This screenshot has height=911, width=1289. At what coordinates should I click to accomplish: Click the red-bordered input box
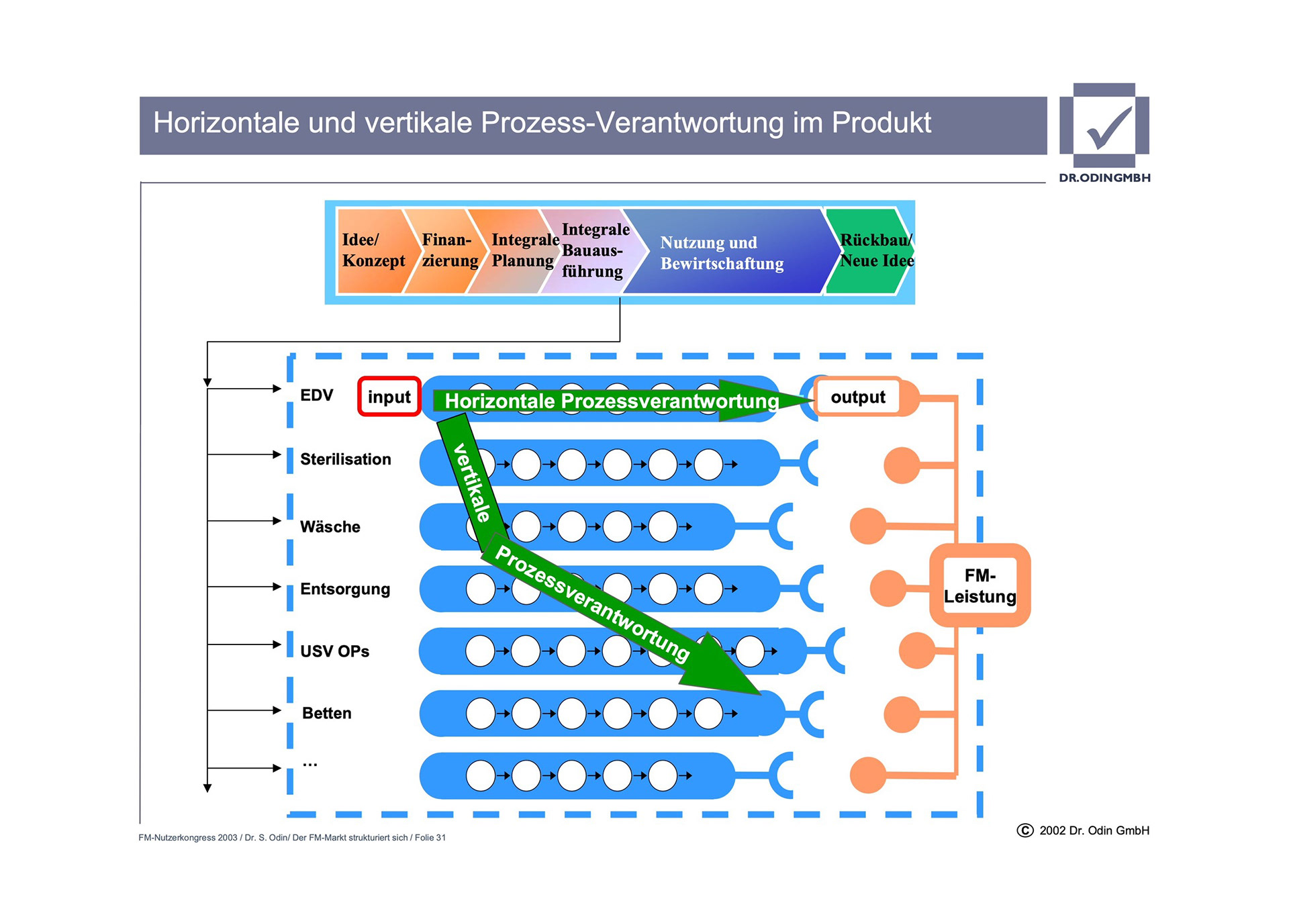pos(389,397)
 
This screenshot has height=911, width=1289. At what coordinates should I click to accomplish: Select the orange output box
pos(857,397)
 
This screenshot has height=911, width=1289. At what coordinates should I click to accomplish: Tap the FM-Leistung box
pos(980,585)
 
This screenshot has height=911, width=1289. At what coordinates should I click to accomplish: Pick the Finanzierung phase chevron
pos(446,250)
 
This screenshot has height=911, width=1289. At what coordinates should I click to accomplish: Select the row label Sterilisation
pos(345,459)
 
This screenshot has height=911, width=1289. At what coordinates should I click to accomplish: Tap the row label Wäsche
pos(330,527)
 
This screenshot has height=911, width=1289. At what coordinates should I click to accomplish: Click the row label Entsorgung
pos(344,589)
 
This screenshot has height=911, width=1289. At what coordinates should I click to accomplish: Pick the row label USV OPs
pos(334,651)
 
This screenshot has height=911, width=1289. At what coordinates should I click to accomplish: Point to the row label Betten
pos(326,713)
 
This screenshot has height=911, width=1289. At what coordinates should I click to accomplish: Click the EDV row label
pos(316,395)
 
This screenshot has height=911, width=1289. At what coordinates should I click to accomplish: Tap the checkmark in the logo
pos(1108,128)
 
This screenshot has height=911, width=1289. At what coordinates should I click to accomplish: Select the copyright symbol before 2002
pos(1024,830)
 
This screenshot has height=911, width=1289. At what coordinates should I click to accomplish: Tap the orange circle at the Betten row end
pos(901,714)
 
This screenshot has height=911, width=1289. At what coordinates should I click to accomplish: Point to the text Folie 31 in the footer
pos(430,838)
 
